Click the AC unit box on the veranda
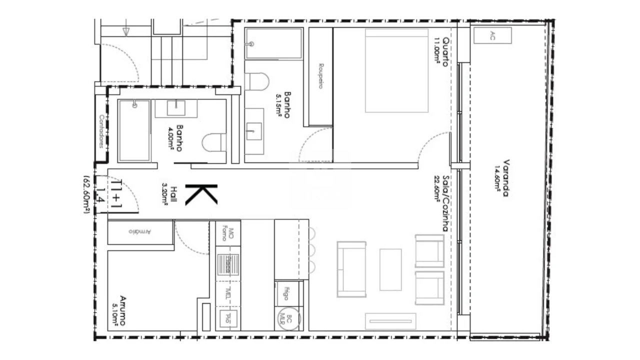point(492,36)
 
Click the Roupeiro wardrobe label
point(320,76)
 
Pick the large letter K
point(201,194)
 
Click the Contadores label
point(101,131)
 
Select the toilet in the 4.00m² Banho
point(213,142)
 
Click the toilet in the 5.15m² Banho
point(258,81)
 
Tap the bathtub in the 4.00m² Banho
point(134,130)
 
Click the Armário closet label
point(140,232)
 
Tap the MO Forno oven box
point(227,232)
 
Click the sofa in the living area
point(352,269)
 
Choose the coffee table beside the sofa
point(390,269)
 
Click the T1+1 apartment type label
point(115,192)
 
